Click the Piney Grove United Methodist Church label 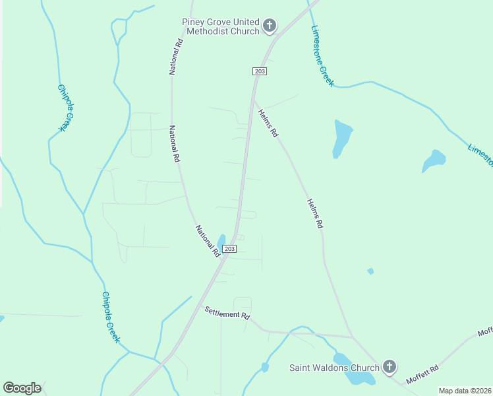point(221,26)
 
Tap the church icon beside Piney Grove point(269,26)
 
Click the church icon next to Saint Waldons point(390,367)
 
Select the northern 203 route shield point(258,71)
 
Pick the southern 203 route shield point(229,248)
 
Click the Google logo point(22,387)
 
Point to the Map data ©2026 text point(465,391)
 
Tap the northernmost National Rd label point(176,56)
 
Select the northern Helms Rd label point(268,123)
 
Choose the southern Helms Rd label point(314,214)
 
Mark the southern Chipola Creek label point(110,317)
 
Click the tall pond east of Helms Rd point(342,138)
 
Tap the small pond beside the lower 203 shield point(221,242)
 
